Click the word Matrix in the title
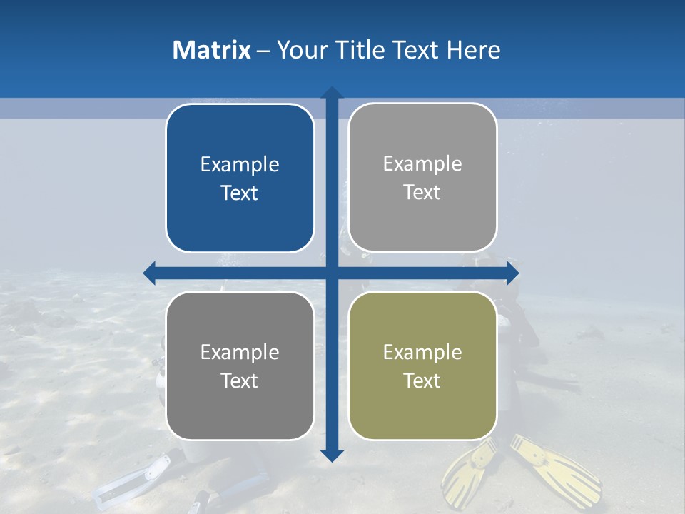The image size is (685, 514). click(x=212, y=50)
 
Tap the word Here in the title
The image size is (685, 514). click(x=473, y=50)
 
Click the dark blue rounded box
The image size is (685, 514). click(x=240, y=178)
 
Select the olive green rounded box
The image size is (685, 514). click(x=422, y=366)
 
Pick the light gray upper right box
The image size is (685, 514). click(x=422, y=178)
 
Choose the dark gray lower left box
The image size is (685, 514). click(x=240, y=366)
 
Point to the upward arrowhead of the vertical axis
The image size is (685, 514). click(x=332, y=92)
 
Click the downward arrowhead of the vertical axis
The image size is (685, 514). click(x=332, y=455)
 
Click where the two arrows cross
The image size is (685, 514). click(x=332, y=273)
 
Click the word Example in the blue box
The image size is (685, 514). click(x=240, y=165)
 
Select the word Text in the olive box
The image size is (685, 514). click(x=422, y=381)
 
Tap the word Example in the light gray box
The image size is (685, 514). click(x=422, y=164)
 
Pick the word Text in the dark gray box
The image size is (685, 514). click(x=240, y=381)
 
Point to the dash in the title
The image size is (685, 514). click(x=263, y=51)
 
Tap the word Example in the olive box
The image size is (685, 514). click(x=422, y=352)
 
